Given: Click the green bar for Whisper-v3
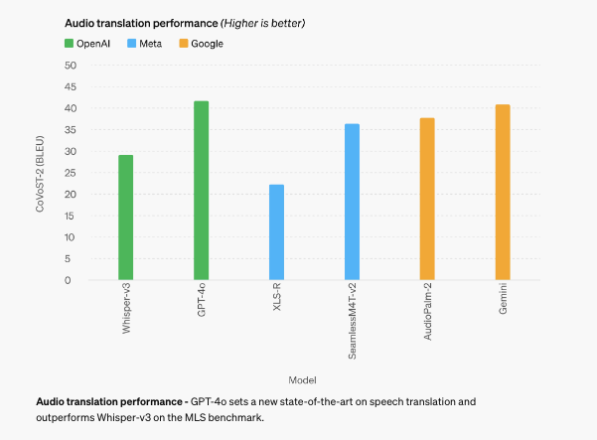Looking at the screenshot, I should click(126, 218).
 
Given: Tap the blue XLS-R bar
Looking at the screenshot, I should click(276, 232).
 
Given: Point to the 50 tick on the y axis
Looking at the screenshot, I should click(70, 66).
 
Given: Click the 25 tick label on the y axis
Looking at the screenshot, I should click(70, 173).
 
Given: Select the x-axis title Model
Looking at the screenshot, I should click(302, 380).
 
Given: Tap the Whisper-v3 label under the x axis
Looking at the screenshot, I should click(127, 310).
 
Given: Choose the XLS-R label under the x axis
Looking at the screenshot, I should click(277, 300).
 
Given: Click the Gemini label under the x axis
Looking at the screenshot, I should click(504, 302).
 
